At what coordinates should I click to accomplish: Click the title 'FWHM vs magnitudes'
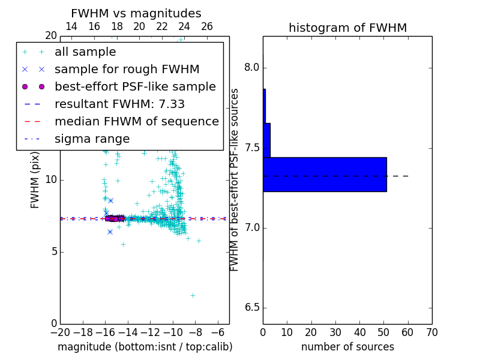click(136, 13)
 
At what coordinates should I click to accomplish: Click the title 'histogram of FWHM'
click(347, 28)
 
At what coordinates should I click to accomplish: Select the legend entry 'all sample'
click(85, 52)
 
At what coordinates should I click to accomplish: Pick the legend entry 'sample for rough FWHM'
click(127, 70)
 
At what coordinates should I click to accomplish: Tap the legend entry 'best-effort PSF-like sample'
click(135, 87)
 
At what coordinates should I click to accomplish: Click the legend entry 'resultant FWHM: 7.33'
click(119, 104)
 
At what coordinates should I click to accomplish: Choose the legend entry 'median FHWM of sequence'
click(136, 122)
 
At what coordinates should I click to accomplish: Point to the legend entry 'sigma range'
click(92, 139)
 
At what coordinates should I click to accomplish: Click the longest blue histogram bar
click(325, 175)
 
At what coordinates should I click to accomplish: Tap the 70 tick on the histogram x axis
click(431, 332)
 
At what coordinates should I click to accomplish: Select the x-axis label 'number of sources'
click(347, 347)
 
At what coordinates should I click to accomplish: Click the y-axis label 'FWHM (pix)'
click(35, 179)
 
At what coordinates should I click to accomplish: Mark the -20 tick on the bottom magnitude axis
click(60, 332)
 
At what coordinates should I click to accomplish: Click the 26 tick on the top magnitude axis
click(207, 26)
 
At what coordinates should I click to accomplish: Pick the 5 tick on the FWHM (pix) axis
click(53, 251)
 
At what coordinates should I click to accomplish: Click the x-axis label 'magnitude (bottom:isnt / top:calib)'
click(145, 347)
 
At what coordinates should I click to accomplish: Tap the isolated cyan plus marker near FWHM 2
click(193, 295)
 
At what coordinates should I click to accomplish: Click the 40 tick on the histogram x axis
click(359, 332)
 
